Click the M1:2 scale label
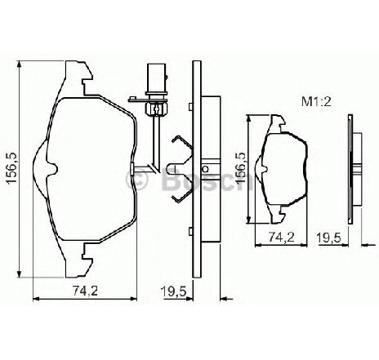tap(316, 102)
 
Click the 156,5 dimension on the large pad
tap(13, 169)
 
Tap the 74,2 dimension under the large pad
tap(85, 291)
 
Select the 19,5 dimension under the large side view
tap(173, 291)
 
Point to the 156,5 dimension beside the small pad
tap(240, 168)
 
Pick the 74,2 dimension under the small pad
tap(282, 237)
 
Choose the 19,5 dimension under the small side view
tap(328, 238)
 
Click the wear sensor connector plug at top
tap(156, 79)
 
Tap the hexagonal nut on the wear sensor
tap(157, 109)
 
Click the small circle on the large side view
tap(206, 169)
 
